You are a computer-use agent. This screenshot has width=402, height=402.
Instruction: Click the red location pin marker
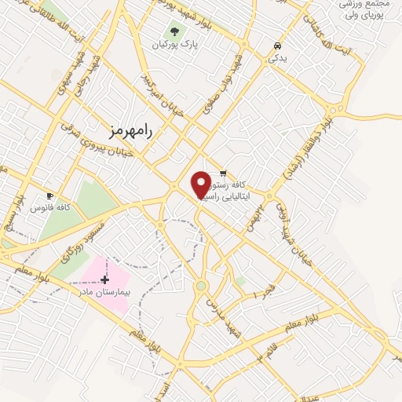(x=201, y=184)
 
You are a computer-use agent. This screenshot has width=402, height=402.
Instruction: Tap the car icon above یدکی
(x=277, y=46)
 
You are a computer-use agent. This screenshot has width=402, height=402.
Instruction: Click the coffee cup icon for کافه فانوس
(x=50, y=196)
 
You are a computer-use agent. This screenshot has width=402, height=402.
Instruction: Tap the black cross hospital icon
(x=104, y=279)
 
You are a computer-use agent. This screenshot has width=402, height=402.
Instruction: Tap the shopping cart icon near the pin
(x=223, y=174)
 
